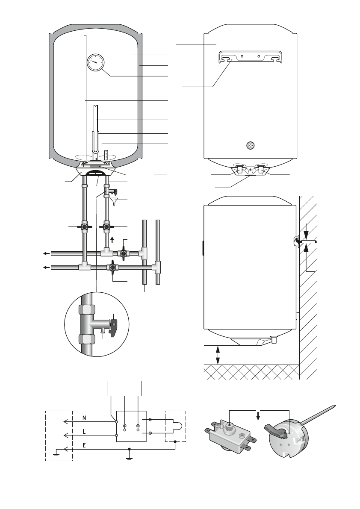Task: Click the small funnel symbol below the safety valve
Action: [x=114, y=200]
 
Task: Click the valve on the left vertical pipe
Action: [x=85, y=227]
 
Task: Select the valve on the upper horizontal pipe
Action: [x=124, y=253]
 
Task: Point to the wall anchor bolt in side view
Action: [x=307, y=242]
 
